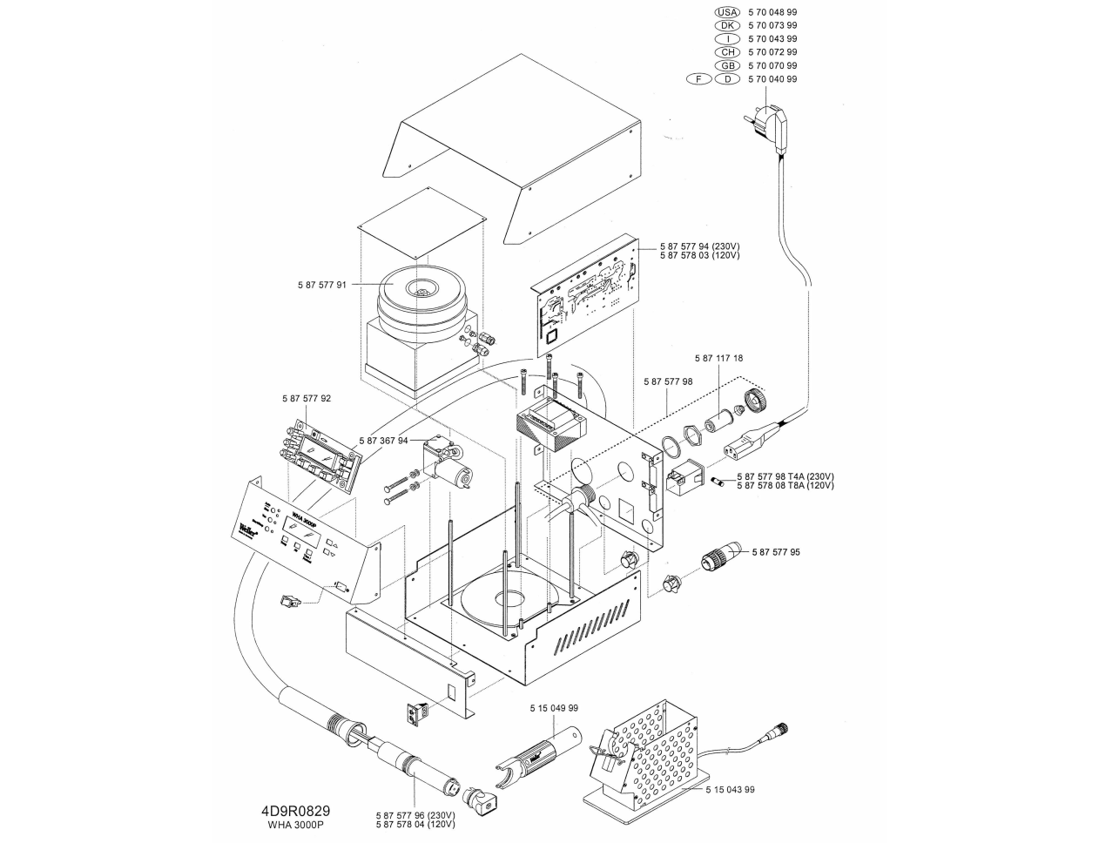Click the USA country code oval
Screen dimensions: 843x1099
[726, 12]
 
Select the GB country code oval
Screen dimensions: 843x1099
[726, 65]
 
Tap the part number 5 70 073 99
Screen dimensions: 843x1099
[772, 25]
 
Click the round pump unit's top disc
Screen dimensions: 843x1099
[421, 294]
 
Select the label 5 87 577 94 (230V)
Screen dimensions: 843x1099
[699, 246]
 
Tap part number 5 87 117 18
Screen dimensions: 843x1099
[718, 358]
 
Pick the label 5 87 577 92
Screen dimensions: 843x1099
[307, 398]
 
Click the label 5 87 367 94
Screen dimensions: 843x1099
[383, 441]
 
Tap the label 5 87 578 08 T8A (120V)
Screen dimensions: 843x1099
[785, 485]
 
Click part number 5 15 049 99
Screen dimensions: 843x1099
[553, 709]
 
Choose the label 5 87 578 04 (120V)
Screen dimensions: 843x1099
[415, 824]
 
